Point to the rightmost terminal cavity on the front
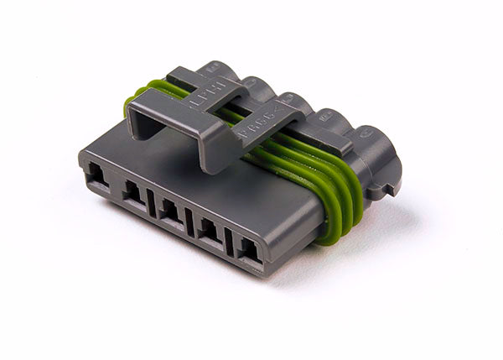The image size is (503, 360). coord(249,249)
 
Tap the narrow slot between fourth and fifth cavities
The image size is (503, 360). coord(228,240)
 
